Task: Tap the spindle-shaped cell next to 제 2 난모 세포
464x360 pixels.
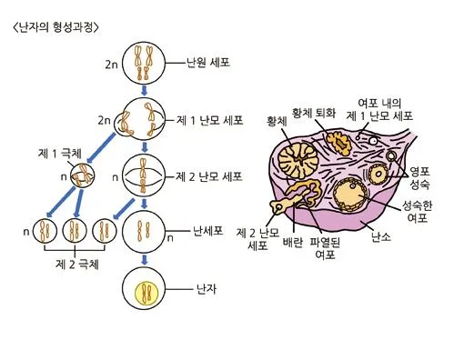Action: [x=145, y=175]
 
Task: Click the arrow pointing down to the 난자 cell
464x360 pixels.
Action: [x=145, y=260]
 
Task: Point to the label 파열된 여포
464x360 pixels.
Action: [x=324, y=248]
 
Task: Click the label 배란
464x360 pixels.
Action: [x=293, y=243]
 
